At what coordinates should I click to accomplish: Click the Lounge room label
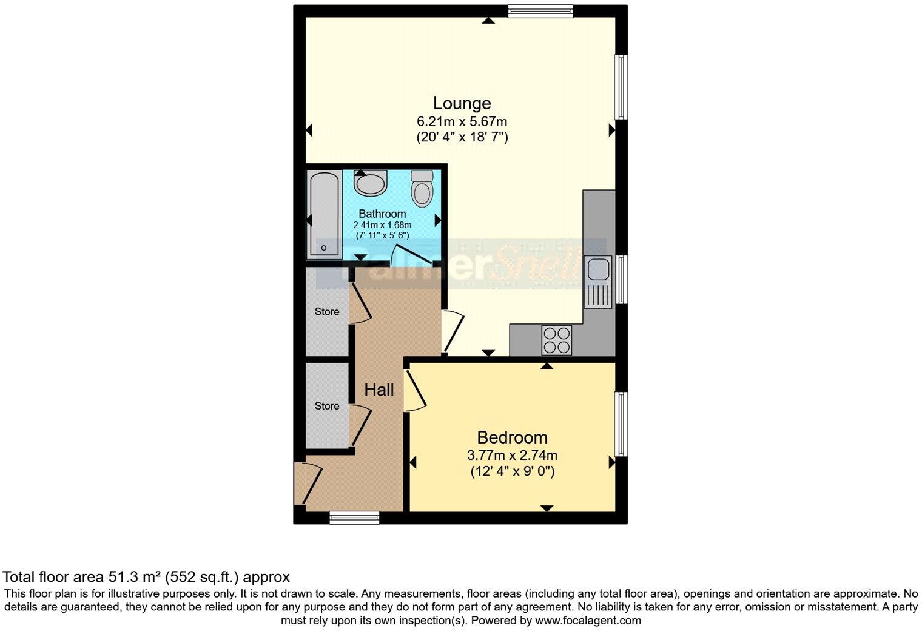[462, 103]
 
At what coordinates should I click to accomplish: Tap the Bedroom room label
[512, 437]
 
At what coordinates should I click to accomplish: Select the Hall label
[379, 390]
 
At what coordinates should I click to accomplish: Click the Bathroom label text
[382, 214]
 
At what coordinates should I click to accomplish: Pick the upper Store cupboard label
[326, 311]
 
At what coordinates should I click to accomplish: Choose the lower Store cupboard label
[326, 406]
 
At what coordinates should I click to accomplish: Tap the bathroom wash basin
[371, 183]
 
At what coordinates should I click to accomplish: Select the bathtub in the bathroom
[324, 215]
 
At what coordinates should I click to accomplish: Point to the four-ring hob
[556, 340]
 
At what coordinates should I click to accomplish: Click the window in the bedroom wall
[621, 423]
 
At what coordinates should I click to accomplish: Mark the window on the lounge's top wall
[540, 10]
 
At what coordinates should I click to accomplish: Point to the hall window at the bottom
[354, 518]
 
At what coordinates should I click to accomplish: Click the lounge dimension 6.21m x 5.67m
[462, 122]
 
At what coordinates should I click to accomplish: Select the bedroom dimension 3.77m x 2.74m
[512, 455]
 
